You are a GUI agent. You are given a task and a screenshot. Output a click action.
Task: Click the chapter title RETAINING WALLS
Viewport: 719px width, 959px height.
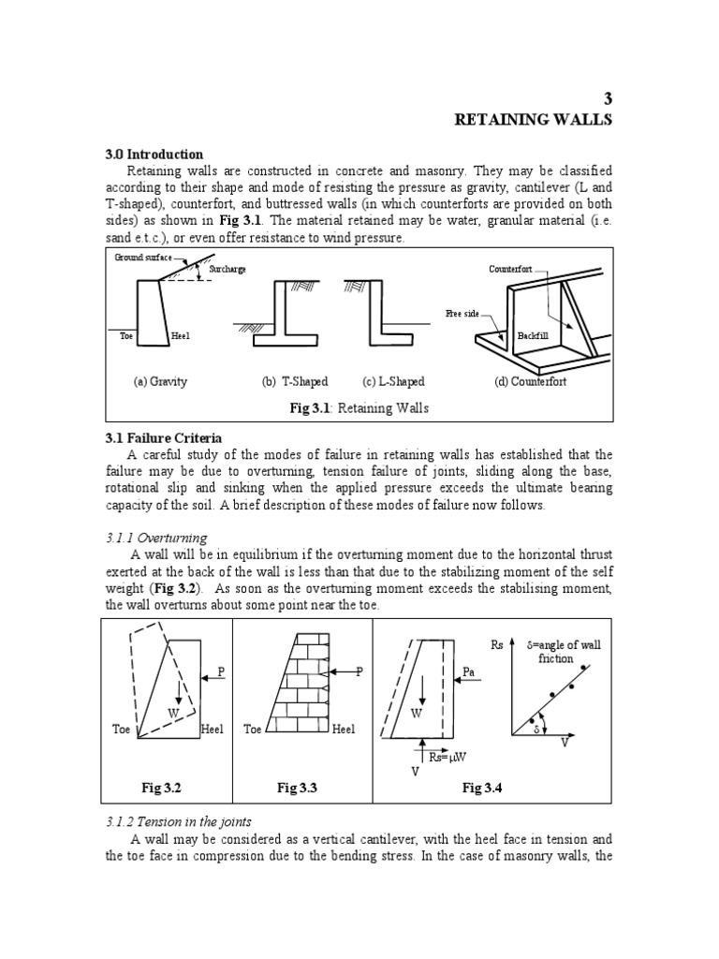[x=532, y=120]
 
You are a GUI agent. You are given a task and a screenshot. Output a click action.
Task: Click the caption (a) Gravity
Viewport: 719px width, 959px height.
[x=160, y=381]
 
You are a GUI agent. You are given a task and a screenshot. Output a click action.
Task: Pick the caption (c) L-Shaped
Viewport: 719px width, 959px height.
[x=393, y=381]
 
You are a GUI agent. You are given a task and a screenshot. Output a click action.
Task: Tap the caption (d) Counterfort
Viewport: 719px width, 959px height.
[x=530, y=381]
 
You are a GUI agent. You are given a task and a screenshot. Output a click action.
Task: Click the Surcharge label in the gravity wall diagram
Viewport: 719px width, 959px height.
[x=228, y=269]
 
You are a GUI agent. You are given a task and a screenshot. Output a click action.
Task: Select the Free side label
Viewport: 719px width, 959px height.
[x=462, y=314]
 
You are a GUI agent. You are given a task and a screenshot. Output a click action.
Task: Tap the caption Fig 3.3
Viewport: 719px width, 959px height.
[x=298, y=789]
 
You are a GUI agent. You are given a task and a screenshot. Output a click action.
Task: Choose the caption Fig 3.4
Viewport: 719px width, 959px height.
[x=482, y=789]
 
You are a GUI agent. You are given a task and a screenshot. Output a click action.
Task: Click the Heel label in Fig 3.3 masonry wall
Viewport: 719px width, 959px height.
[x=344, y=730]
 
